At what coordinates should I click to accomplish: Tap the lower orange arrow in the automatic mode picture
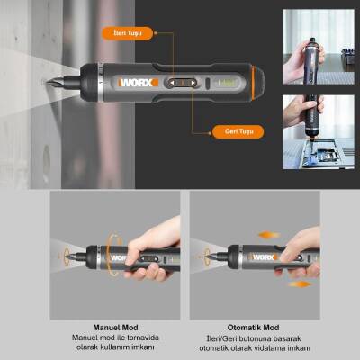[x=299, y=284]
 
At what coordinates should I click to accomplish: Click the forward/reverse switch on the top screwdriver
[x=179, y=84]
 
